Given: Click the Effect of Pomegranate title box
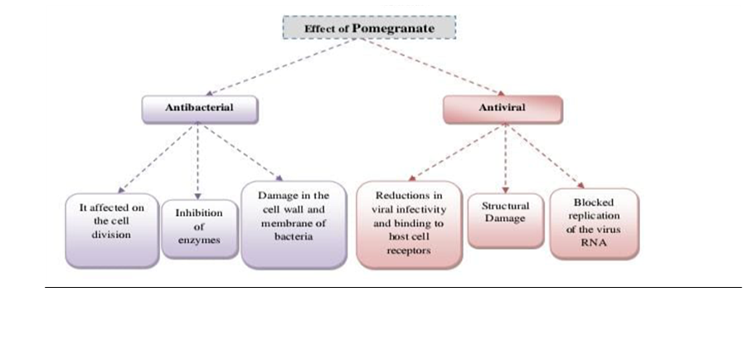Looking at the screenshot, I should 370,27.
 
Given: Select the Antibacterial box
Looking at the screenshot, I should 199,108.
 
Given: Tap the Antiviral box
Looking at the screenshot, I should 502,109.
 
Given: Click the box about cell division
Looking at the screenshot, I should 112,230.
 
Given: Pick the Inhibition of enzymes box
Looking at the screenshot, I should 199,228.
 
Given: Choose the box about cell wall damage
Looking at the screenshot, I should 293,224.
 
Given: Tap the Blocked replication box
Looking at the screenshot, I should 594,222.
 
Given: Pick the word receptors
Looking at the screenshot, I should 409,251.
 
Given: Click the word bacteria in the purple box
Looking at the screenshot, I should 293,236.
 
